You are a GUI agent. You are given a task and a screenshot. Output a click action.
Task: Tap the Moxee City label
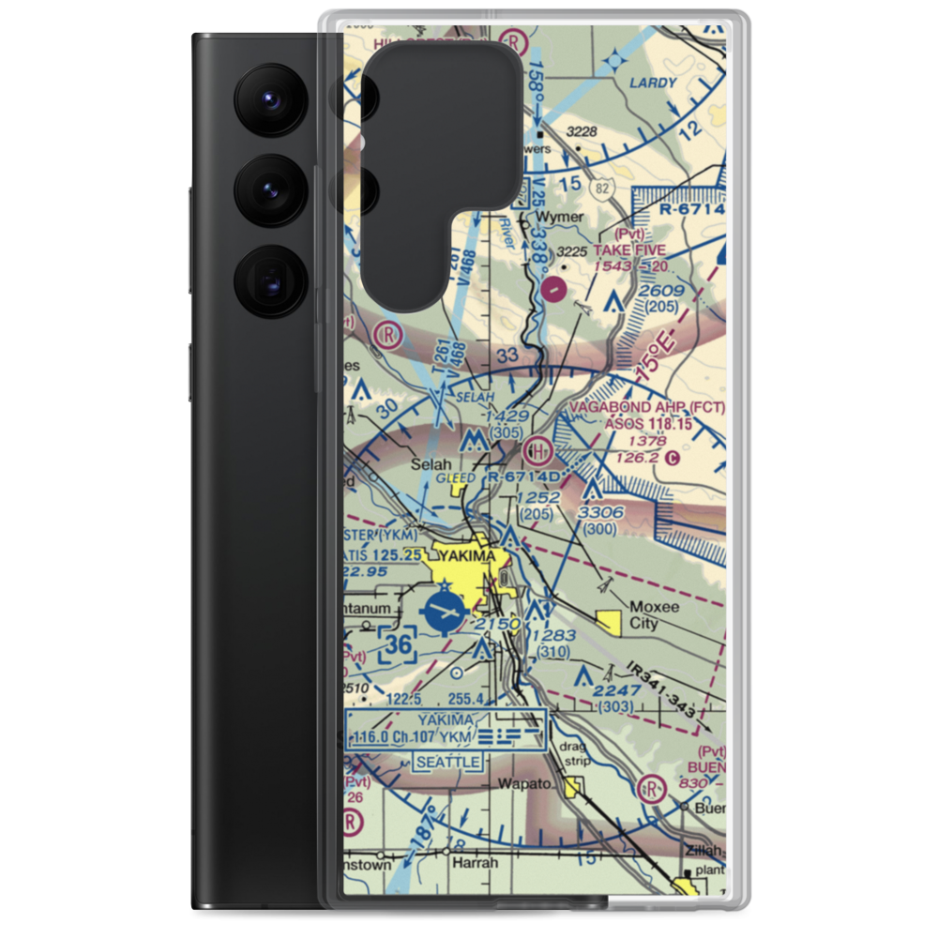coord(656,615)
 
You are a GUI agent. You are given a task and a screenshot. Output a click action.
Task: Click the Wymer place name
coord(560,217)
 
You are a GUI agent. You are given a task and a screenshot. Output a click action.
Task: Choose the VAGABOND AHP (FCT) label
coord(647,408)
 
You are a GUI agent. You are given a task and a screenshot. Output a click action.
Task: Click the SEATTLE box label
coord(448,762)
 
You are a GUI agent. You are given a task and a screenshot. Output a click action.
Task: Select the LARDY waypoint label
coord(653,83)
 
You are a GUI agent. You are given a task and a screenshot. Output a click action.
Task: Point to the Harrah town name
coord(473,862)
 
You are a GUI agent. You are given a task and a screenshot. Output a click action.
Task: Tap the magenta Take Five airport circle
coord(554,288)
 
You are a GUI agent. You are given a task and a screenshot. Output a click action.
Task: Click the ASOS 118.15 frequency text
coord(649,424)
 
